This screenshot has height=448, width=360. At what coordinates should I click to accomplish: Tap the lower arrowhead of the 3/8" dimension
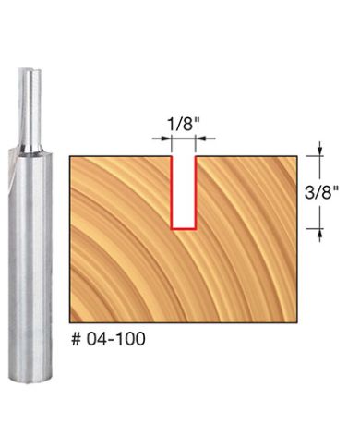(319, 233)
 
